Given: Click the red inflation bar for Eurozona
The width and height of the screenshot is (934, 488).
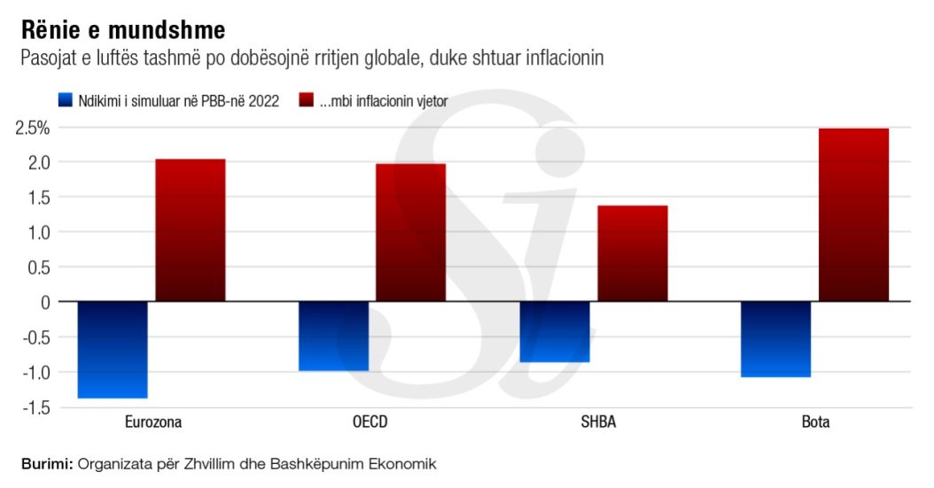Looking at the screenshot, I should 191,230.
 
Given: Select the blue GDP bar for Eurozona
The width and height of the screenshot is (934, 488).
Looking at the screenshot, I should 113,350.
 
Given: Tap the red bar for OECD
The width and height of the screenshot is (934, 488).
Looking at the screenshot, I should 411,232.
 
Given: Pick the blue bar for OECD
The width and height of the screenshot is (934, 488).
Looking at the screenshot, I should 333,336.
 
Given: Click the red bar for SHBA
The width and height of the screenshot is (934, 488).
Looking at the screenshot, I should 633,254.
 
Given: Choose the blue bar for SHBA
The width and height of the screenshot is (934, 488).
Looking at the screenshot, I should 555,332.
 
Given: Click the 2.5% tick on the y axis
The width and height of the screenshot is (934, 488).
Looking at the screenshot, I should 32,128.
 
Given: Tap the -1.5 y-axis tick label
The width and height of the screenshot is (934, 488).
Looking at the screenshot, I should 34,407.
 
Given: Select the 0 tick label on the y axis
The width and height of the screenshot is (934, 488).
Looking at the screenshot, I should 45,303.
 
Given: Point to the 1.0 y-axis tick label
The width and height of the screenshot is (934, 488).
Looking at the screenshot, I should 38,232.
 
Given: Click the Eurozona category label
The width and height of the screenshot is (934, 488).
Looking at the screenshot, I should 152,422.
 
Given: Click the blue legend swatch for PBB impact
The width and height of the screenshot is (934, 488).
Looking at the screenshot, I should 65,100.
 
